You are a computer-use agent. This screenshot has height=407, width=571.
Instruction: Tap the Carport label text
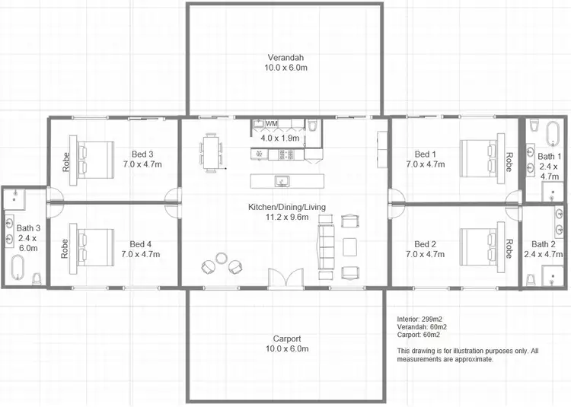(x=287, y=339)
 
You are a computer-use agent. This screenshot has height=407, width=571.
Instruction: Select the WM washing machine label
(x=271, y=123)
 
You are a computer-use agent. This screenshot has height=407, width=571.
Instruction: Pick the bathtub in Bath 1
(x=551, y=134)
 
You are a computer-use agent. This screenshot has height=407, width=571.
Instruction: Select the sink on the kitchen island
(x=281, y=181)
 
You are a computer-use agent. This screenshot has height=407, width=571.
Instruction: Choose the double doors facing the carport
(x=281, y=278)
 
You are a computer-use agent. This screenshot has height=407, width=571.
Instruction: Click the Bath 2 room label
(x=542, y=243)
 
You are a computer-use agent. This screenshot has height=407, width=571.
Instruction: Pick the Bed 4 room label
(x=141, y=243)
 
